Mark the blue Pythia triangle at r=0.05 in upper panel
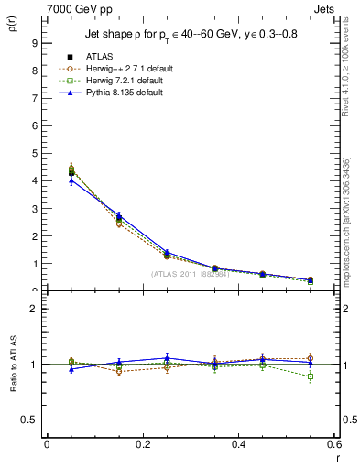[71, 180]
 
